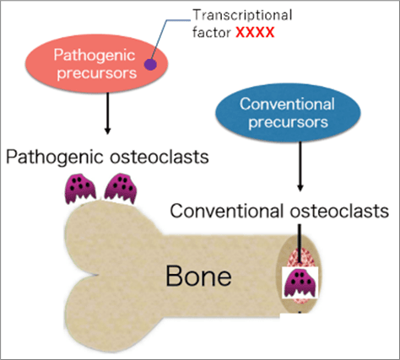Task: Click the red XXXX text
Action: click(255, 32)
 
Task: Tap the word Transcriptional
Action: click(242, 15)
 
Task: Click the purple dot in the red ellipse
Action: click(150, 65)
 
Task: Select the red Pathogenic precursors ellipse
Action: click(96, 64)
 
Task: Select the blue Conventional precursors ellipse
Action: click(288, 112)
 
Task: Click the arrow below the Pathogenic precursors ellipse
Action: click(107, 114)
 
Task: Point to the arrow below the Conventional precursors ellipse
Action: click(300, 166)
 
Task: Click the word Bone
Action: click(198, 277)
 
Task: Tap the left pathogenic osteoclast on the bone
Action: click(80, 188)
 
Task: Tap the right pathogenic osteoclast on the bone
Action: click(121, 188)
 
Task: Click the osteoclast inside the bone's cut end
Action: click(300, 282)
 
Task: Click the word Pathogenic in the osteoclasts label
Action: click(55, 157)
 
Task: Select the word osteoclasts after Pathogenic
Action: click(159, 157)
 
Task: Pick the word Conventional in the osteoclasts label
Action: click(227, 211)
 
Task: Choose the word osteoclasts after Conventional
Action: click(339, 211)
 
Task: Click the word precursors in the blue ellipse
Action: click(288, 122)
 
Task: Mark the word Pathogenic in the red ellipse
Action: click(95, 56)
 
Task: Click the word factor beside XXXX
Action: click(212, 32)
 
